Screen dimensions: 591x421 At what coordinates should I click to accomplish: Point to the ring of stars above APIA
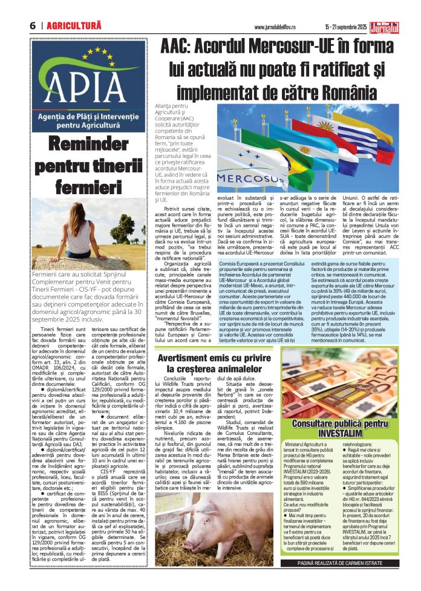pos(82,61)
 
